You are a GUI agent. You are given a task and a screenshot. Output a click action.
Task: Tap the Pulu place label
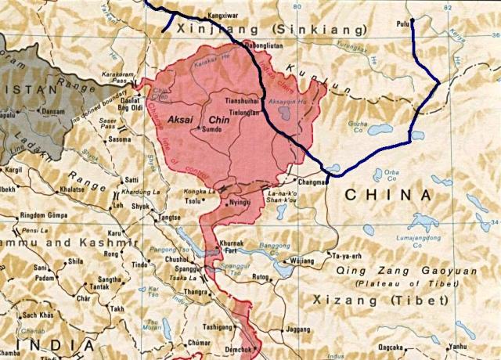(403, 25)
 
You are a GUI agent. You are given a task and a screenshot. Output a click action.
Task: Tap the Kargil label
(13, 169)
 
